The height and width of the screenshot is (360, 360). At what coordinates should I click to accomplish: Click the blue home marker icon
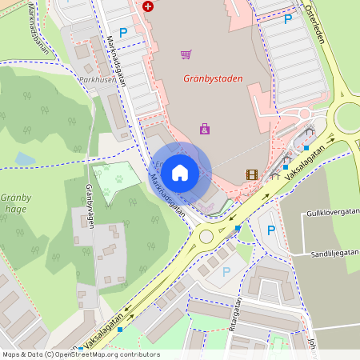pyautogui.click(x=180, y=172)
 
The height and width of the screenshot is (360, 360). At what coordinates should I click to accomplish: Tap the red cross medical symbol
pyautogui.click(x=148, y=6)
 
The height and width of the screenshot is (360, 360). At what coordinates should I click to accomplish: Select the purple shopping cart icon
pyautogui.click(x=186, y=54)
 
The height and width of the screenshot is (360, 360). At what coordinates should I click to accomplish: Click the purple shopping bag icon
pyautogui.click(x=205, y=128)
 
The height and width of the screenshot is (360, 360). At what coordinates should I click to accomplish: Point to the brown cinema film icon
pyautogui.click(x=252, y=174)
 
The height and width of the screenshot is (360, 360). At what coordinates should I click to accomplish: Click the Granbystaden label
pyautogui.click(x=213, y=78)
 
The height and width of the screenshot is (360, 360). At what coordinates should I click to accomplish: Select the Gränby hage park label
pyautogui.click(x=15, y=203)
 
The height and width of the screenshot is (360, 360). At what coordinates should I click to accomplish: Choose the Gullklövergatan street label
pyautogui.click(x=332, y=214)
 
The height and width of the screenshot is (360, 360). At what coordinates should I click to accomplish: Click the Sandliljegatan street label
pyautogui.click(x=335, y=254)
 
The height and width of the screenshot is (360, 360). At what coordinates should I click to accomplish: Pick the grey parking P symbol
pyautogui.click(x=226, y=271)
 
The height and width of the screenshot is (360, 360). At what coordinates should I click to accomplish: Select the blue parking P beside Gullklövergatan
pyautogui.click(x=270, y=230)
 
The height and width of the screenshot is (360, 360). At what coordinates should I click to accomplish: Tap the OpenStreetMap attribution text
pyautogui.click(x=80, y=354)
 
